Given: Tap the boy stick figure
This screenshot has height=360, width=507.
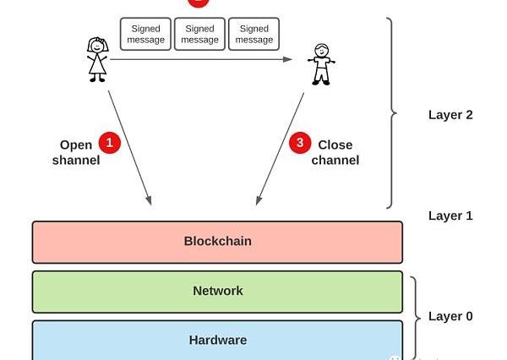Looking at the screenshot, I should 321,64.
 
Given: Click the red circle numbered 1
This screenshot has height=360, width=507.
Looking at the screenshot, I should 110,143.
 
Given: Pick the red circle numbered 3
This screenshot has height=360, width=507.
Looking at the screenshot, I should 300,143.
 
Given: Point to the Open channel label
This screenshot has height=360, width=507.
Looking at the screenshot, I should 76,153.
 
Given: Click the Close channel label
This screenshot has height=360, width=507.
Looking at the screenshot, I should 335,153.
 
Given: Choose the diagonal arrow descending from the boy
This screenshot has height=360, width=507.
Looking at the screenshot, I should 280,148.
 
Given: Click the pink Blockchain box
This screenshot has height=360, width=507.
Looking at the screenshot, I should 217,242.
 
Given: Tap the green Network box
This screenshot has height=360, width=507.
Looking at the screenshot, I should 217,292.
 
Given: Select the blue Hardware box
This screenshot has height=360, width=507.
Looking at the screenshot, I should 217,340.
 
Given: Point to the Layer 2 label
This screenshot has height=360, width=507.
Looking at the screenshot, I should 450,115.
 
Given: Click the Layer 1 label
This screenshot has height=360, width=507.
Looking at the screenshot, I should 450,215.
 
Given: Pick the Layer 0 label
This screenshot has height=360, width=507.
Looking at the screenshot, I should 450,316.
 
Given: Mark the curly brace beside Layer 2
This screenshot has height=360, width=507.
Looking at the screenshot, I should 390,112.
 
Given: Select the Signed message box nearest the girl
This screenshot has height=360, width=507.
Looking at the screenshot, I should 146,35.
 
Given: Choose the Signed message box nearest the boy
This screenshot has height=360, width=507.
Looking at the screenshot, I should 254,35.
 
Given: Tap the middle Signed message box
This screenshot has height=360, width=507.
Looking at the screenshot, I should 200,35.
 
